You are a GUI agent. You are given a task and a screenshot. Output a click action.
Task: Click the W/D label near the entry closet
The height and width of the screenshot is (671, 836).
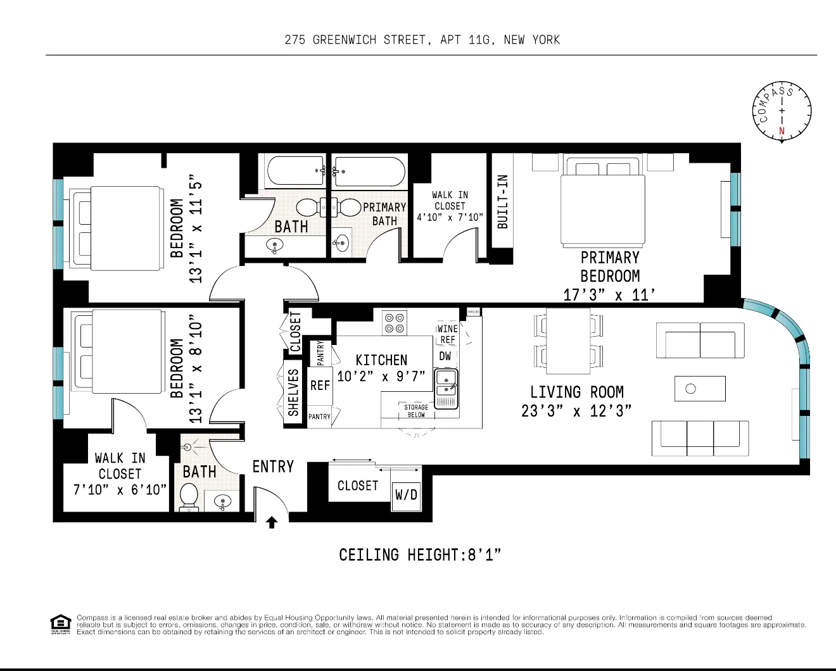(406, 494)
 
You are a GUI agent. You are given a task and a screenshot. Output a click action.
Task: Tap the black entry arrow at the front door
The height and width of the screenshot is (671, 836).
(272, 522)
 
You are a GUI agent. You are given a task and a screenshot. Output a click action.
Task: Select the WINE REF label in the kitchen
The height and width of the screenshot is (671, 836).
(447, 334)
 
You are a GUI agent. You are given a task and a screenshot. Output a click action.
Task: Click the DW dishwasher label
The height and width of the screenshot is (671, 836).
(445, 356)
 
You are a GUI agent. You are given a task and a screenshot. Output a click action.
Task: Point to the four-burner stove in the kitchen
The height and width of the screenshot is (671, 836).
(395, 323)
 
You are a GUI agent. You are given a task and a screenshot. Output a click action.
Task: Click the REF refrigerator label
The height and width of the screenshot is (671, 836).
(320, 386)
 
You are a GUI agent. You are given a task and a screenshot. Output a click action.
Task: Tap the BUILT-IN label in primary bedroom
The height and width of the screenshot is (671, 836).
(503, 201)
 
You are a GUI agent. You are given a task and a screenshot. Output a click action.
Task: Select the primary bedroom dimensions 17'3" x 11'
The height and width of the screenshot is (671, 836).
(609, 295)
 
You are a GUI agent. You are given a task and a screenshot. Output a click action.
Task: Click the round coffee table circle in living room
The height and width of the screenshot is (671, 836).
(691, 389)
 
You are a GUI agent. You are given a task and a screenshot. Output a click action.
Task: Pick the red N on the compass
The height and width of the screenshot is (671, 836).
(782, 132)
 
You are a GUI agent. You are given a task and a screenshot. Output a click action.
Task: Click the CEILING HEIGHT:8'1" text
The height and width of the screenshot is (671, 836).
(420, 555)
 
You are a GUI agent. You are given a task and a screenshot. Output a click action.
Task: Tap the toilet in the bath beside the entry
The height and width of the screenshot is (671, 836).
(189, 496)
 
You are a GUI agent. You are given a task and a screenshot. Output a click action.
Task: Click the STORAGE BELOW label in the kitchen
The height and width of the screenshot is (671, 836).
(416, 411)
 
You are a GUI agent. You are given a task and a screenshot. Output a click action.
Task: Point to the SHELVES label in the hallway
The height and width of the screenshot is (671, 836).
(293, 392)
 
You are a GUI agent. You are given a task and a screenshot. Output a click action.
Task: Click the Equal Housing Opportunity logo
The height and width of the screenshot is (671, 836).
(60, 624)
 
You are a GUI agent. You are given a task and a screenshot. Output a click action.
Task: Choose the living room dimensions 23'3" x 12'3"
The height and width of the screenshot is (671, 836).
(576, 411)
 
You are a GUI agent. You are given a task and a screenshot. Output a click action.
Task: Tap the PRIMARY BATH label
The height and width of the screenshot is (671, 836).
(384, 214)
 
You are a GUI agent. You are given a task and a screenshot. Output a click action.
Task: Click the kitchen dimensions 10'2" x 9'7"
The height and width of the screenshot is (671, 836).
(381, 377)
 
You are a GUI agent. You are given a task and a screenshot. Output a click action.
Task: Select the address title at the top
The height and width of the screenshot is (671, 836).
(422, 40)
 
